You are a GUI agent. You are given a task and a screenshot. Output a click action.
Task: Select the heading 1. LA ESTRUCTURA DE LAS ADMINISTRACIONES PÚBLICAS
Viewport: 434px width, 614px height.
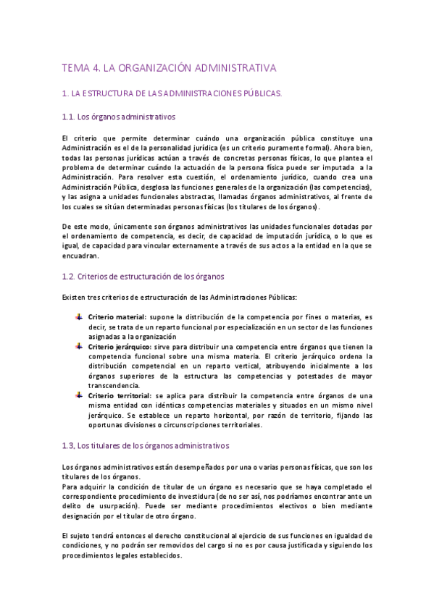(x=172, y=94)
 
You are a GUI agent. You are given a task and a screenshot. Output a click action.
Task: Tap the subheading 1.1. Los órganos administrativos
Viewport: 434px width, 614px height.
(x=119, y=117)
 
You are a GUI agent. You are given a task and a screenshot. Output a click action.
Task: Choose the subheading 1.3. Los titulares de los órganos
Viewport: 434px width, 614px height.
(x=146, y=445)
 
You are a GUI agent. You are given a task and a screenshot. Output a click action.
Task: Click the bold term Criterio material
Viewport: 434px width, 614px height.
(x=116, y=317)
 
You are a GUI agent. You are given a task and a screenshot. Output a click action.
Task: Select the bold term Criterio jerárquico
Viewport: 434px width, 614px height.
(x=119, y=347)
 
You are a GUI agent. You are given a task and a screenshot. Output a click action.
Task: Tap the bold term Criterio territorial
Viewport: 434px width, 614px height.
(x=119, y=395)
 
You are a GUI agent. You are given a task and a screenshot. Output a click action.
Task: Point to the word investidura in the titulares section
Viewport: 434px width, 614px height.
(x=234, y=497)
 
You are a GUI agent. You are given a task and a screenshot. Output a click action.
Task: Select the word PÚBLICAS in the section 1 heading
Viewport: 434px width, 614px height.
(x=259, y=94)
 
